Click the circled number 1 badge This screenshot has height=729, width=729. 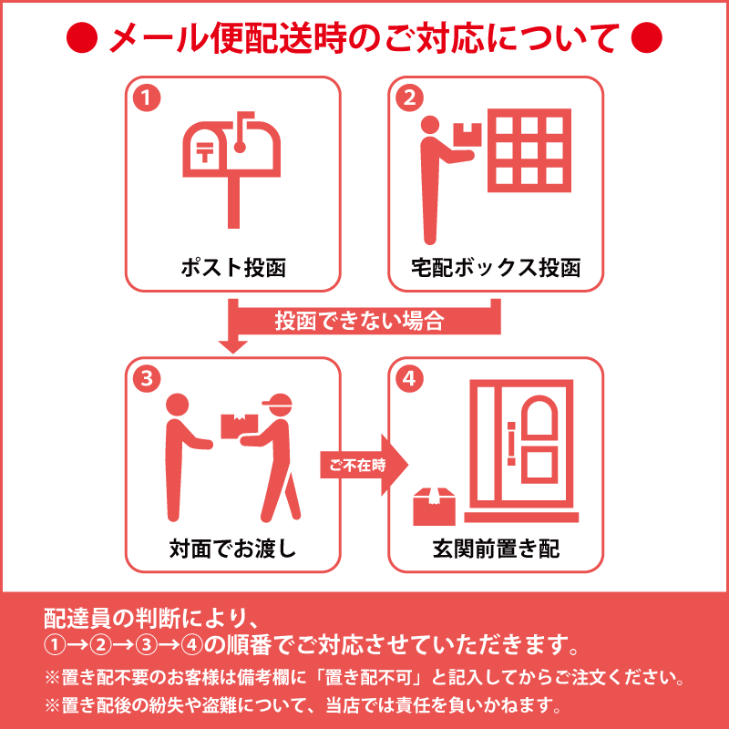[146, 98]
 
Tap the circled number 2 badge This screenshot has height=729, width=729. [410, 98]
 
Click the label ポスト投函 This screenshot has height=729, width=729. [232, 268]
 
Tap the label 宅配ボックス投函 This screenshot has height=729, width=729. [497, 268]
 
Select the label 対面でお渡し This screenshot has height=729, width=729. [232, 549]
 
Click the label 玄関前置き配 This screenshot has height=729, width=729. [497, 549]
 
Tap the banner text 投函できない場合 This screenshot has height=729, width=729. [359, 321]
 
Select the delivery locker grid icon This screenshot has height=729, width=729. [529, 150]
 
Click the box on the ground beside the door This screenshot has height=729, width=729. [434, 507]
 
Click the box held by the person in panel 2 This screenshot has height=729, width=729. [467, 134]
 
